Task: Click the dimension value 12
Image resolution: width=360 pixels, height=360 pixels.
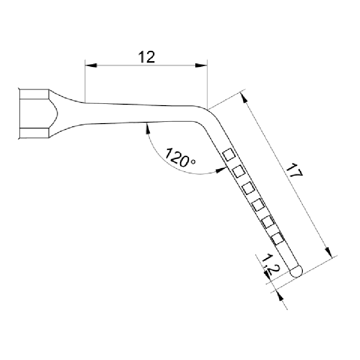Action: coord(146,57)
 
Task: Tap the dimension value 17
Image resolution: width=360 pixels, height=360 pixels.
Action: coord(294,170)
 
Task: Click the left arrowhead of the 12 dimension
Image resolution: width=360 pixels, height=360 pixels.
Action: coord(91,66)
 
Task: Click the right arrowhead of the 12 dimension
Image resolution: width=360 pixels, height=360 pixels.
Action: coord(201,66)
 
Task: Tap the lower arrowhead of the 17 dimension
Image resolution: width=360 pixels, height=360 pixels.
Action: coord(329,252)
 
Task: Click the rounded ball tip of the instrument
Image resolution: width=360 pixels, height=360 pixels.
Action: coord(296,271)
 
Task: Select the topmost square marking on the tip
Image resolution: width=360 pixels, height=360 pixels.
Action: coord(229,155)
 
